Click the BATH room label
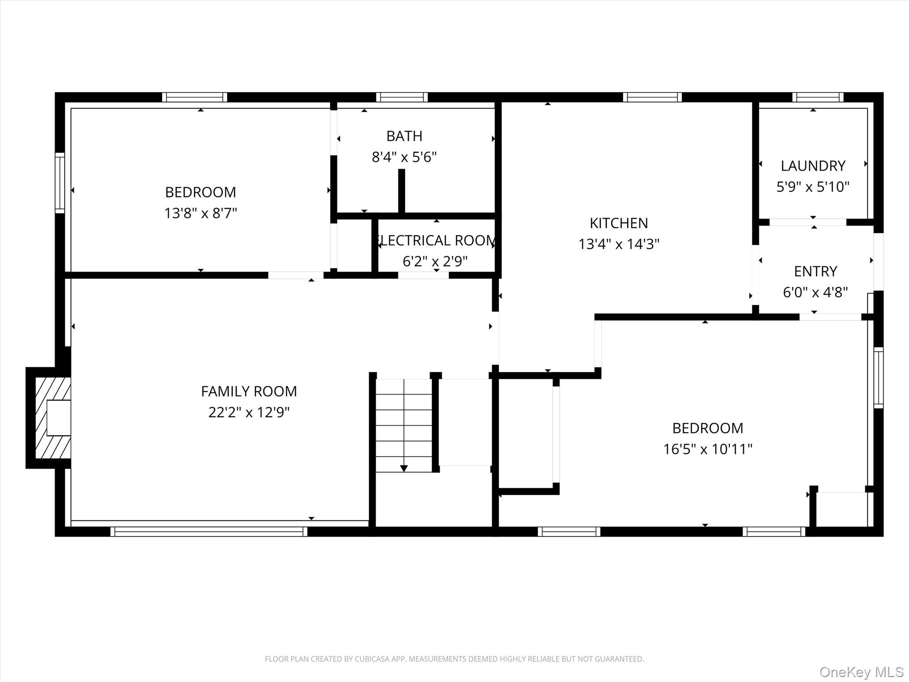[x=404, y=136]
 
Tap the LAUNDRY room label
[x=813, y=166]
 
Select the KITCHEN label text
[x=619, y=223]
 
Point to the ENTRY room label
[x=815, y=271]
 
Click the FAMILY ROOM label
[x=249, y=391]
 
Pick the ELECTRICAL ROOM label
[x=435, y=240]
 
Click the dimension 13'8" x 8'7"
[x=201, y=213]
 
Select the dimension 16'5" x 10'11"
[x=707, y=449]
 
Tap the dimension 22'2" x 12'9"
[x=249, y=412]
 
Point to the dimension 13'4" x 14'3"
[x=619, y=244]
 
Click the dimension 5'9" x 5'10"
[x=813, y=186]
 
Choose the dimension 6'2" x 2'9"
[x=435, y=261]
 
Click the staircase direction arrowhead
[x=404, y=468]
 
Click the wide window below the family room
[x=209, y=531]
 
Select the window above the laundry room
[x=818, y=97]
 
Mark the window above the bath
[x=402, y=97]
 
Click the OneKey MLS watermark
[x=862, y=672]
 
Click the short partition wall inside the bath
[x=401, y=191]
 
